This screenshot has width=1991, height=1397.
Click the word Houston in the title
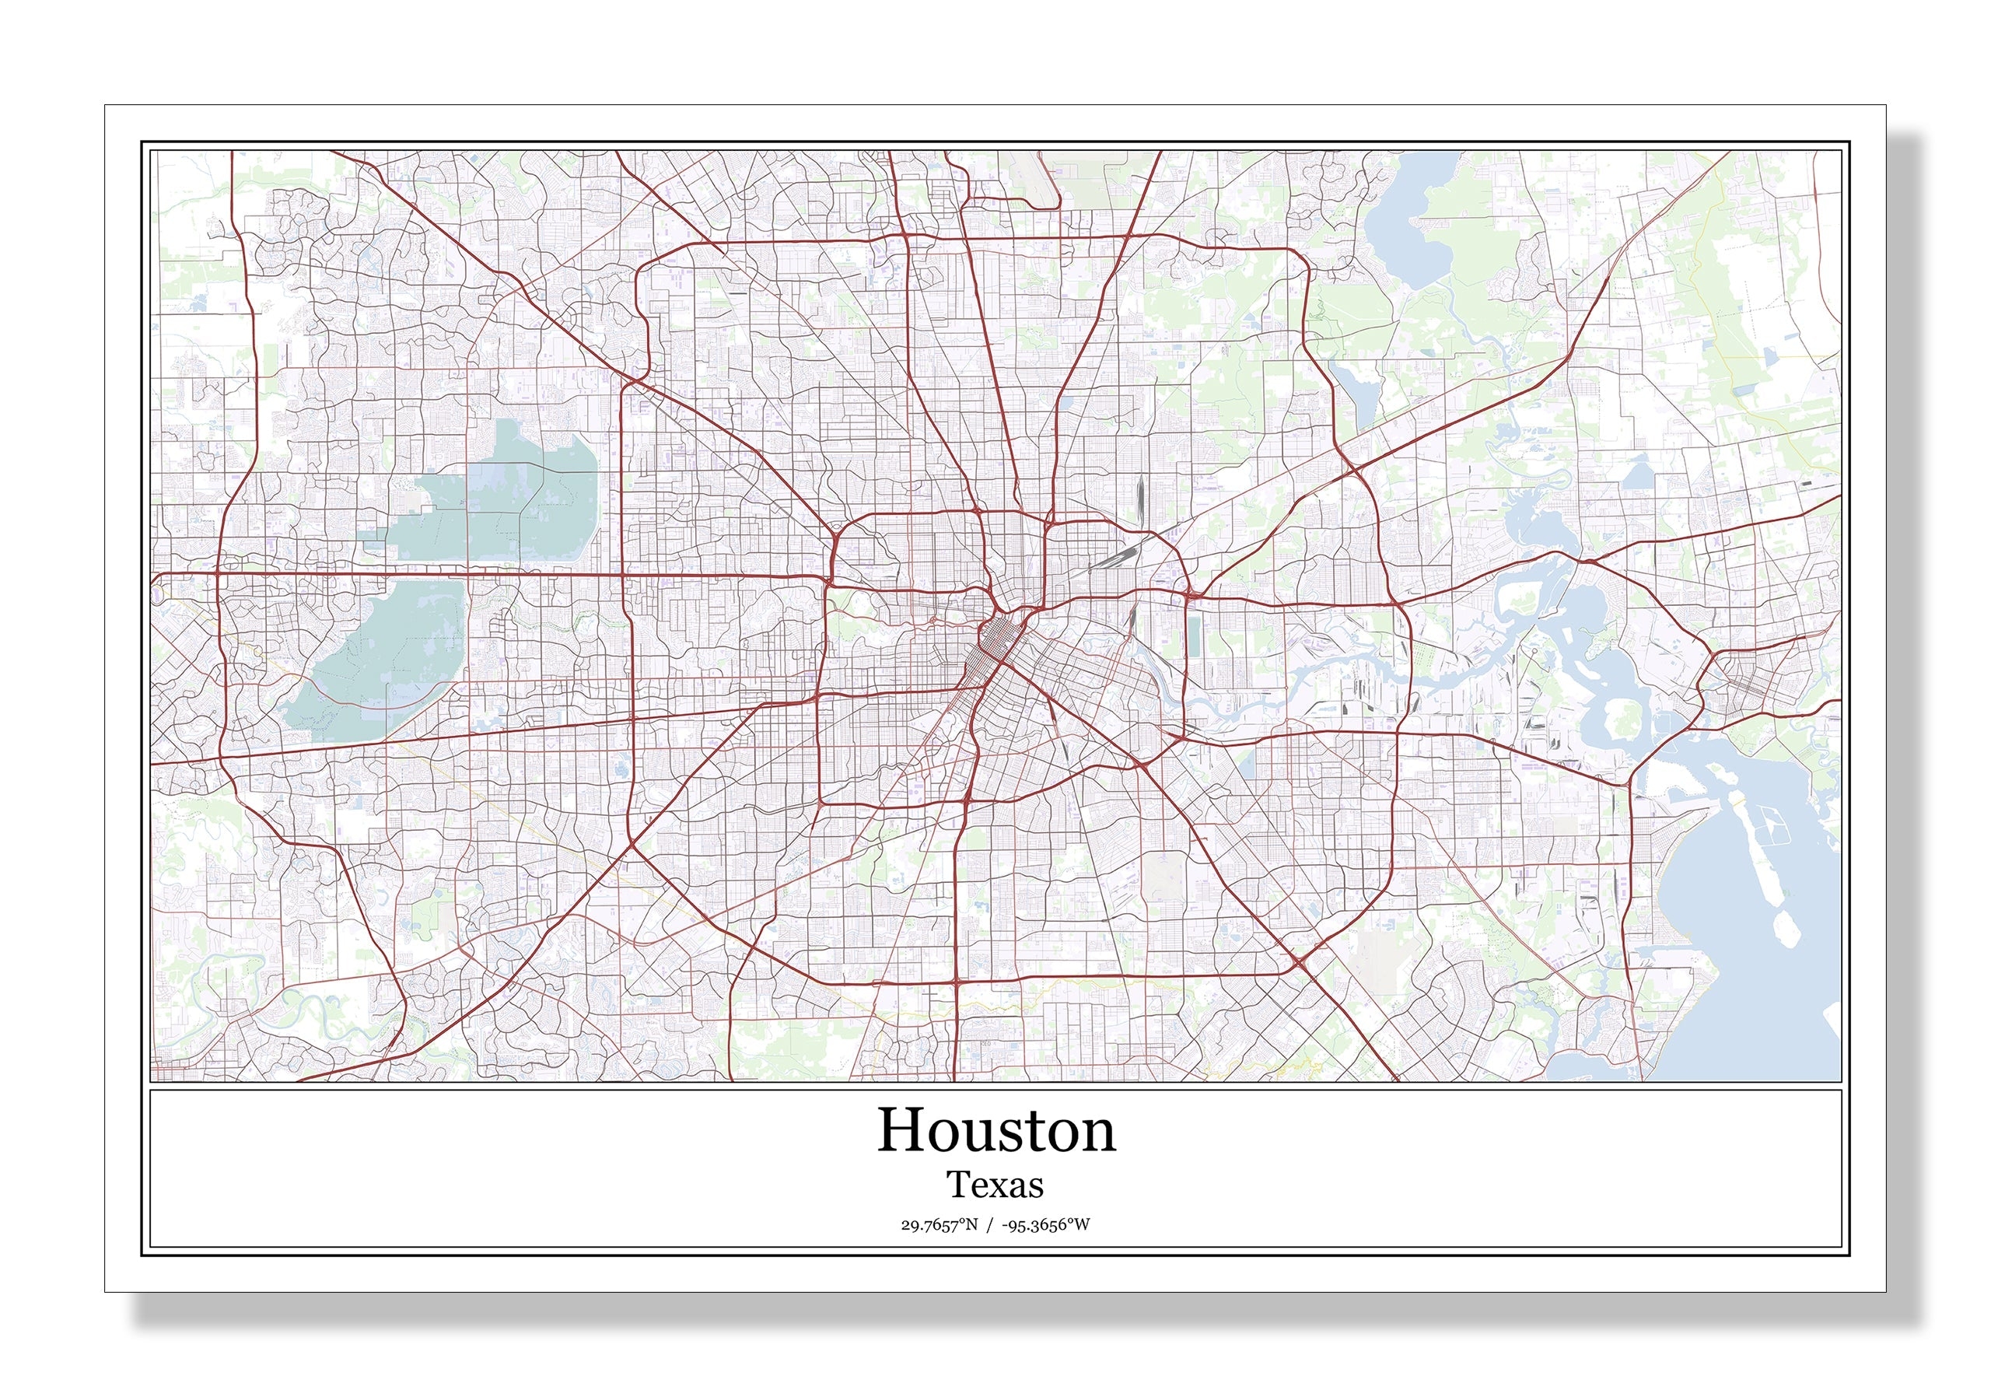996,1132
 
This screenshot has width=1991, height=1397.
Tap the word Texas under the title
995,1185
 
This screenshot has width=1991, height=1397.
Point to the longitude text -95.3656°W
1046,1225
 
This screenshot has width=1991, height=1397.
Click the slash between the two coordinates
989,1225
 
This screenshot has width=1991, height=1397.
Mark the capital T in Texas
957,1185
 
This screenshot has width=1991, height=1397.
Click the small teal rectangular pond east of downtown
1193,637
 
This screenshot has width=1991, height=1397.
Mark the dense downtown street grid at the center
997,642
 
